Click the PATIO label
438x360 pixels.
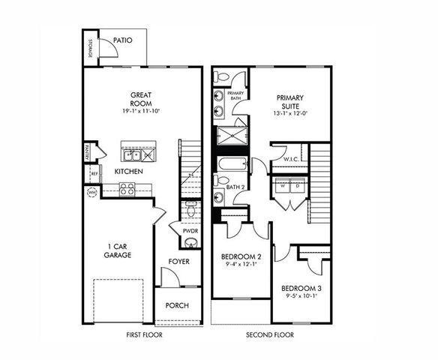click(123, 40)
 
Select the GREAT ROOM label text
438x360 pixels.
click(142, 99)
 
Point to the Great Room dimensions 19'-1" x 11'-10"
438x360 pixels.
click(142, 111)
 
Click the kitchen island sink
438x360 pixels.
click(133, 155)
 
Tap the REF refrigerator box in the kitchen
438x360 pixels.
click(94, 173)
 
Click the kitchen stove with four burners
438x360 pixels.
click(127, 189)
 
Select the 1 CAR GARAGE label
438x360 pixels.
click(118, 250)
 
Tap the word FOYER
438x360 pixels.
click(178, 262)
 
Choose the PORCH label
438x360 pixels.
click(177, 305)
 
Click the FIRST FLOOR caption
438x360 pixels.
click(142, 334)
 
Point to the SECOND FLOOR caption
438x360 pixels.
click(269, 334)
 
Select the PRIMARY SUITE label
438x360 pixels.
click(291, 102)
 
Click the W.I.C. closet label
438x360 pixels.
click(292, 160)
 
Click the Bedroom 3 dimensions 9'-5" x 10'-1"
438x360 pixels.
click(301, 295)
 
